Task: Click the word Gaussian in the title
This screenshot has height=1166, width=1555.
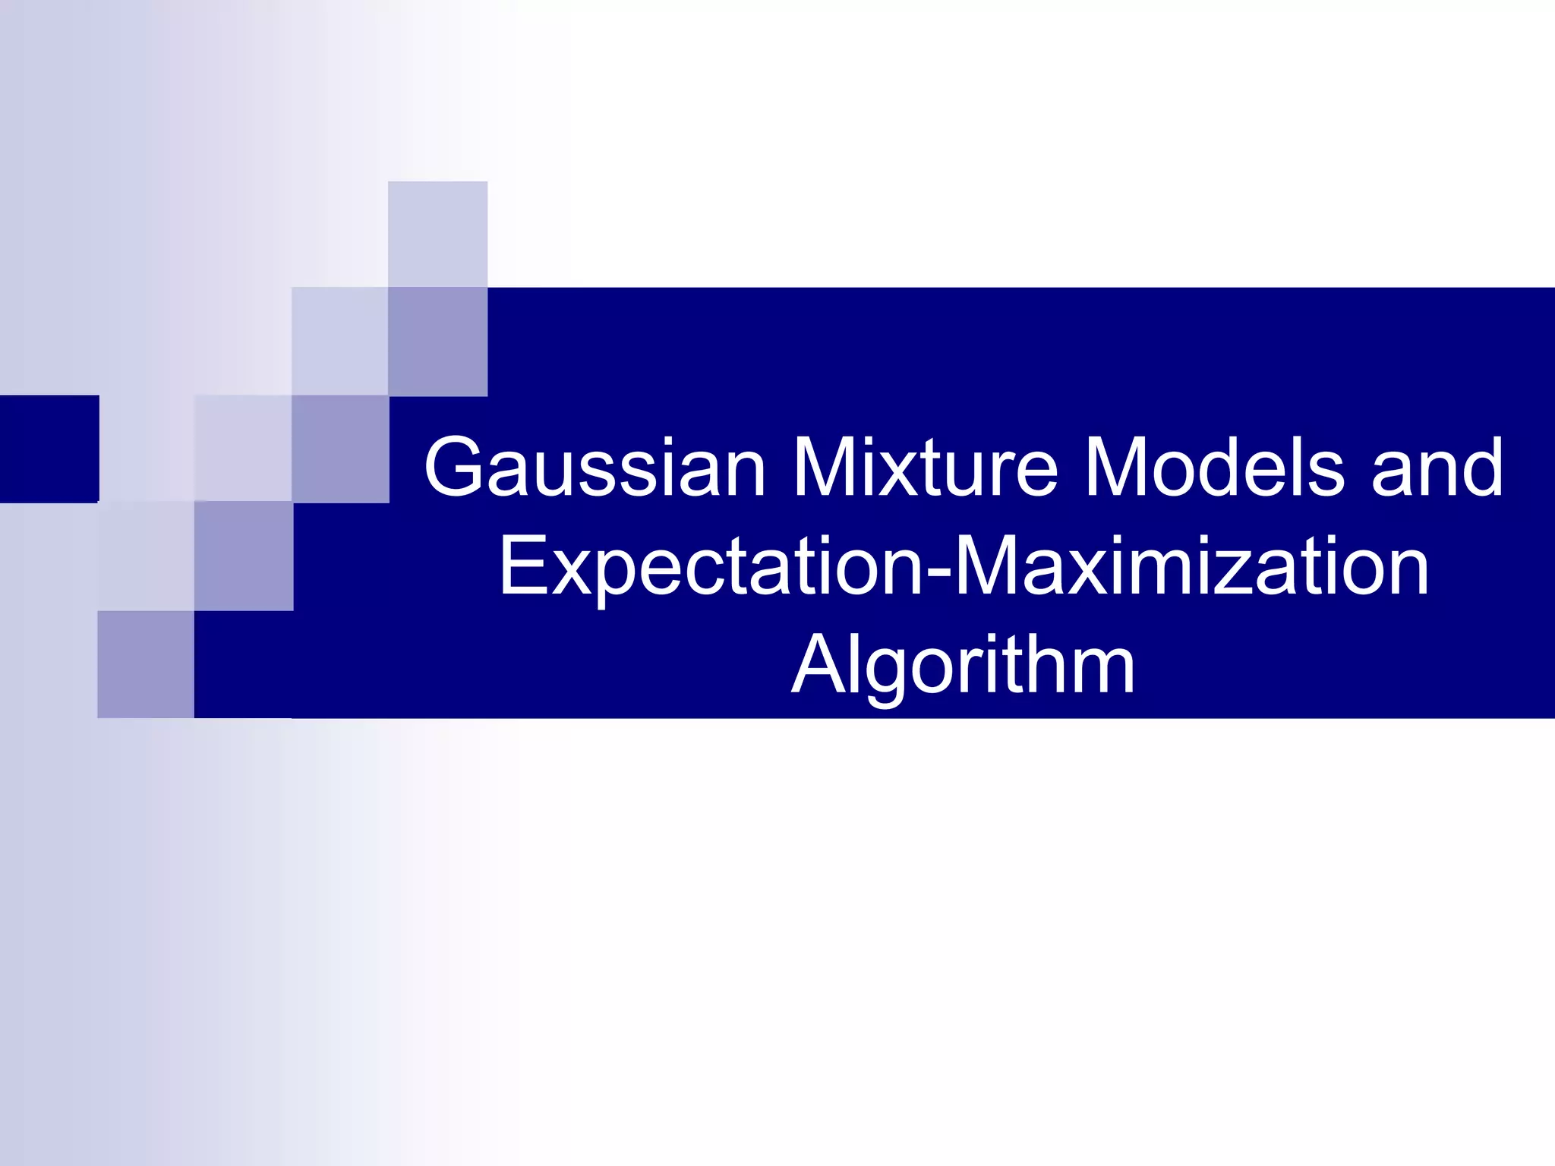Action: [595, 468]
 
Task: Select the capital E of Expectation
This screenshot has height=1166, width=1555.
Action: [524, 566]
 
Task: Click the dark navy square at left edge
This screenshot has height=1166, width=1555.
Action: [49, 449]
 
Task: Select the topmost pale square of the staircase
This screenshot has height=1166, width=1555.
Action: [437, 234]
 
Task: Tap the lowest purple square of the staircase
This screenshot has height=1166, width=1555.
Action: [146, 664]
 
